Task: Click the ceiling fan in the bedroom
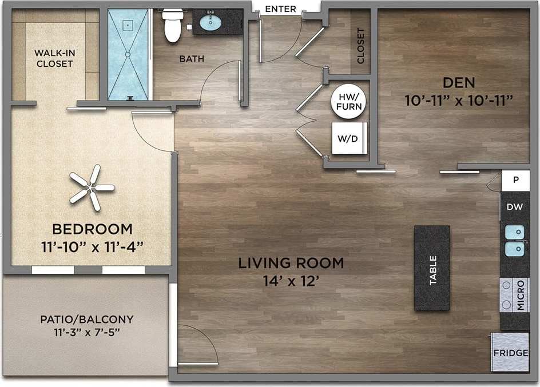pyautogui.click(x=92, y=187)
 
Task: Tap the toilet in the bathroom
pyautogui.click(x=173, y=26)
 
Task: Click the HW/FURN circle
pyautogui.click(x=348, y=102)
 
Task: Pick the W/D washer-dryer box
pyautogui.click(x=348, y=138)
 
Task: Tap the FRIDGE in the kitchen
pyautogui.click(x=510, y=353)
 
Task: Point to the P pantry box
pyautogui.click(x=515, y=180)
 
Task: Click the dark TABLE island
pyautogui.click(x=432, y=268)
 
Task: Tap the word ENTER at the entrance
pyautogui.click(x=281, y=9)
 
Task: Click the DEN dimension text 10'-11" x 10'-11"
pyautogui.click(x=458, y=101)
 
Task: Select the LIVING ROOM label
pyautogui.click(x=291, y=264)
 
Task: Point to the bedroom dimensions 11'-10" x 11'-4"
pyautogui.click(x=92, y=246)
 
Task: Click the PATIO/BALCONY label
pyautogui.click(x=87, y=319)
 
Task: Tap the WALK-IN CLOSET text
pyautogui.click(x=54, y=58)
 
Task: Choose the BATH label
pyautogui.click(x=192, y=58)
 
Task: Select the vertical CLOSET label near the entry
pyautogui.click(x=360, y=46)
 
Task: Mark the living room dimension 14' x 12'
pyautogui.click(x=291, y=281)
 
